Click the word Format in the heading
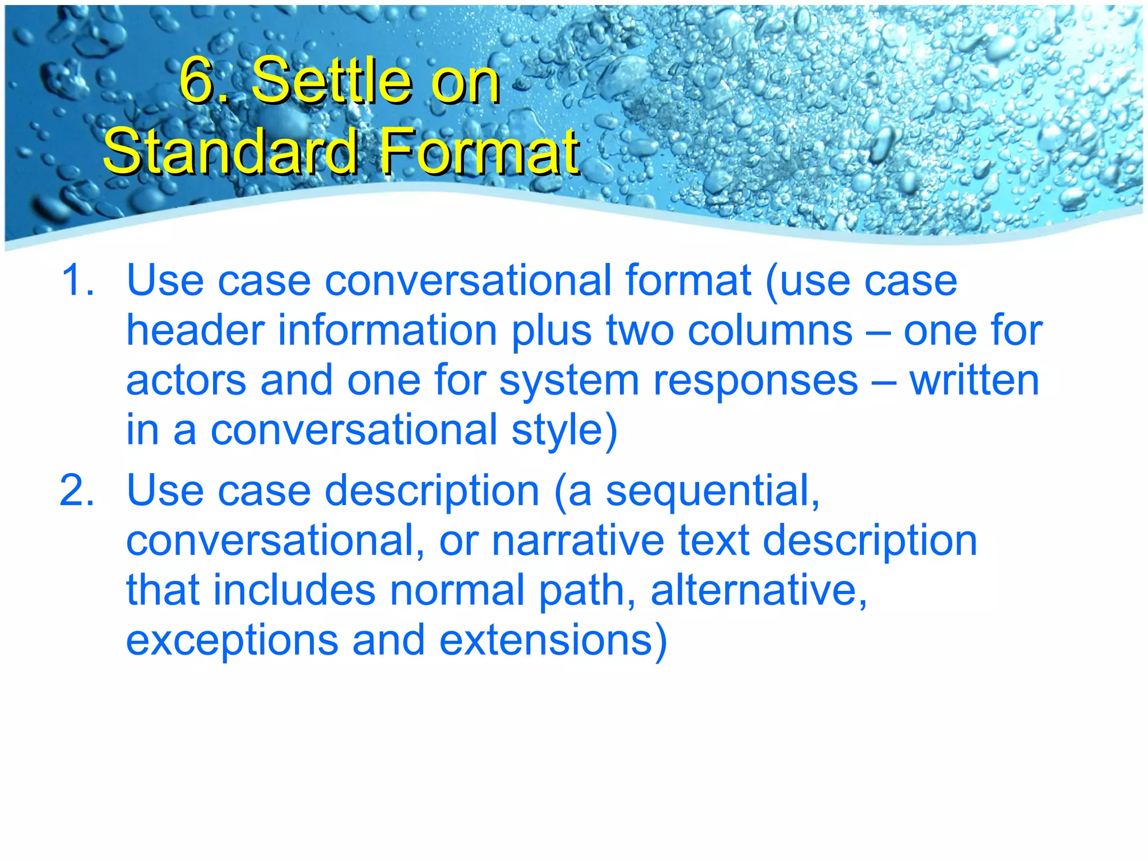pyautogui.click(x=479, y=151)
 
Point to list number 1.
pyautogui.click(x=77, y=280)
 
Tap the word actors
pyautogui.click(x=186, y=380)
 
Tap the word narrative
pyautogui.click(x=578, y=541)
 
